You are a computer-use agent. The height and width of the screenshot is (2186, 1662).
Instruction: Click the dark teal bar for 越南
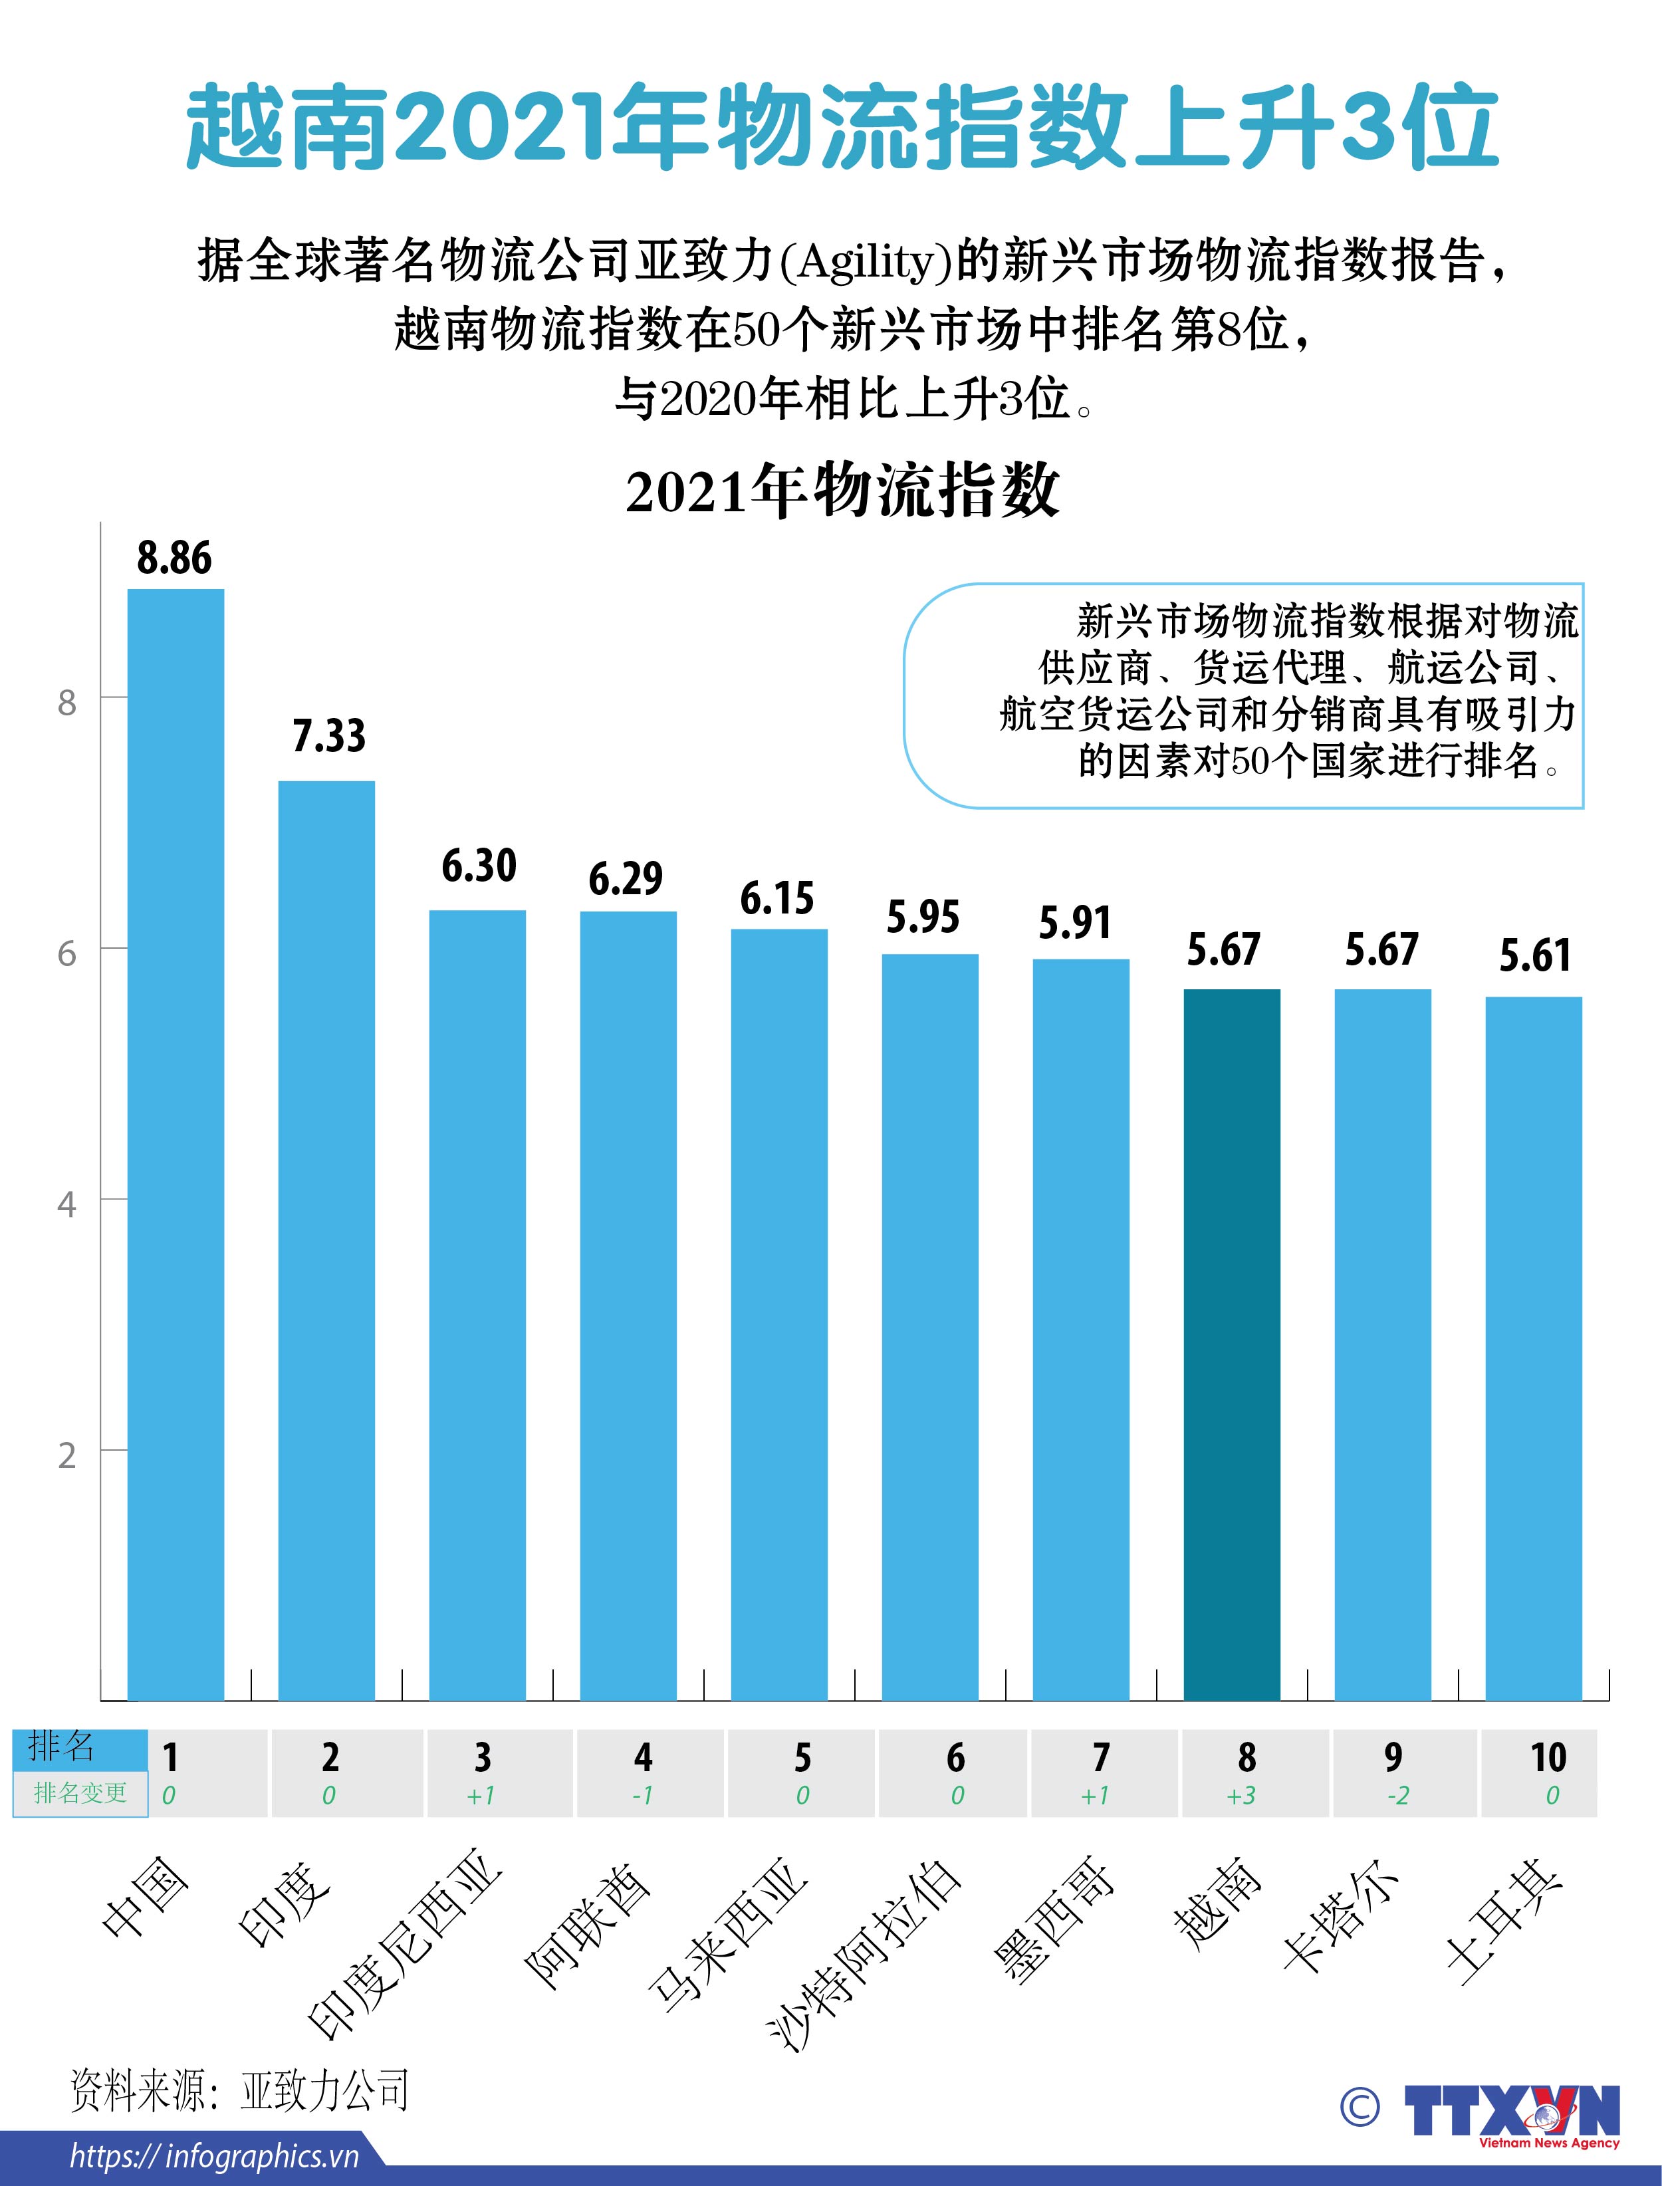(1232, 1345)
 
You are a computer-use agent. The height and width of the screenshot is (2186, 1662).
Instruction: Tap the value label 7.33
(328, 736)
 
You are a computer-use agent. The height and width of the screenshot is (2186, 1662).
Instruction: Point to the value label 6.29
(625, 878)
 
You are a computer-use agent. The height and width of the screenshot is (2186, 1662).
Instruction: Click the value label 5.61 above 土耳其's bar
(1534, 955)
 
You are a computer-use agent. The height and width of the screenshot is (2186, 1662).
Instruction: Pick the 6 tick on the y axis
(66, 953)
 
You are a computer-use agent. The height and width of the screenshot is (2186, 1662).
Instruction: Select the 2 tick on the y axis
(66, 1456)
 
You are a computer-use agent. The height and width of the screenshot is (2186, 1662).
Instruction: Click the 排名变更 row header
(80, 1793)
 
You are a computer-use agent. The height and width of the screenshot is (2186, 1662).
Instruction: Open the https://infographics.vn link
(213, 2156)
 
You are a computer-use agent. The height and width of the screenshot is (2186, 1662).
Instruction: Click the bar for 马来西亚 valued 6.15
(778, 1316)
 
